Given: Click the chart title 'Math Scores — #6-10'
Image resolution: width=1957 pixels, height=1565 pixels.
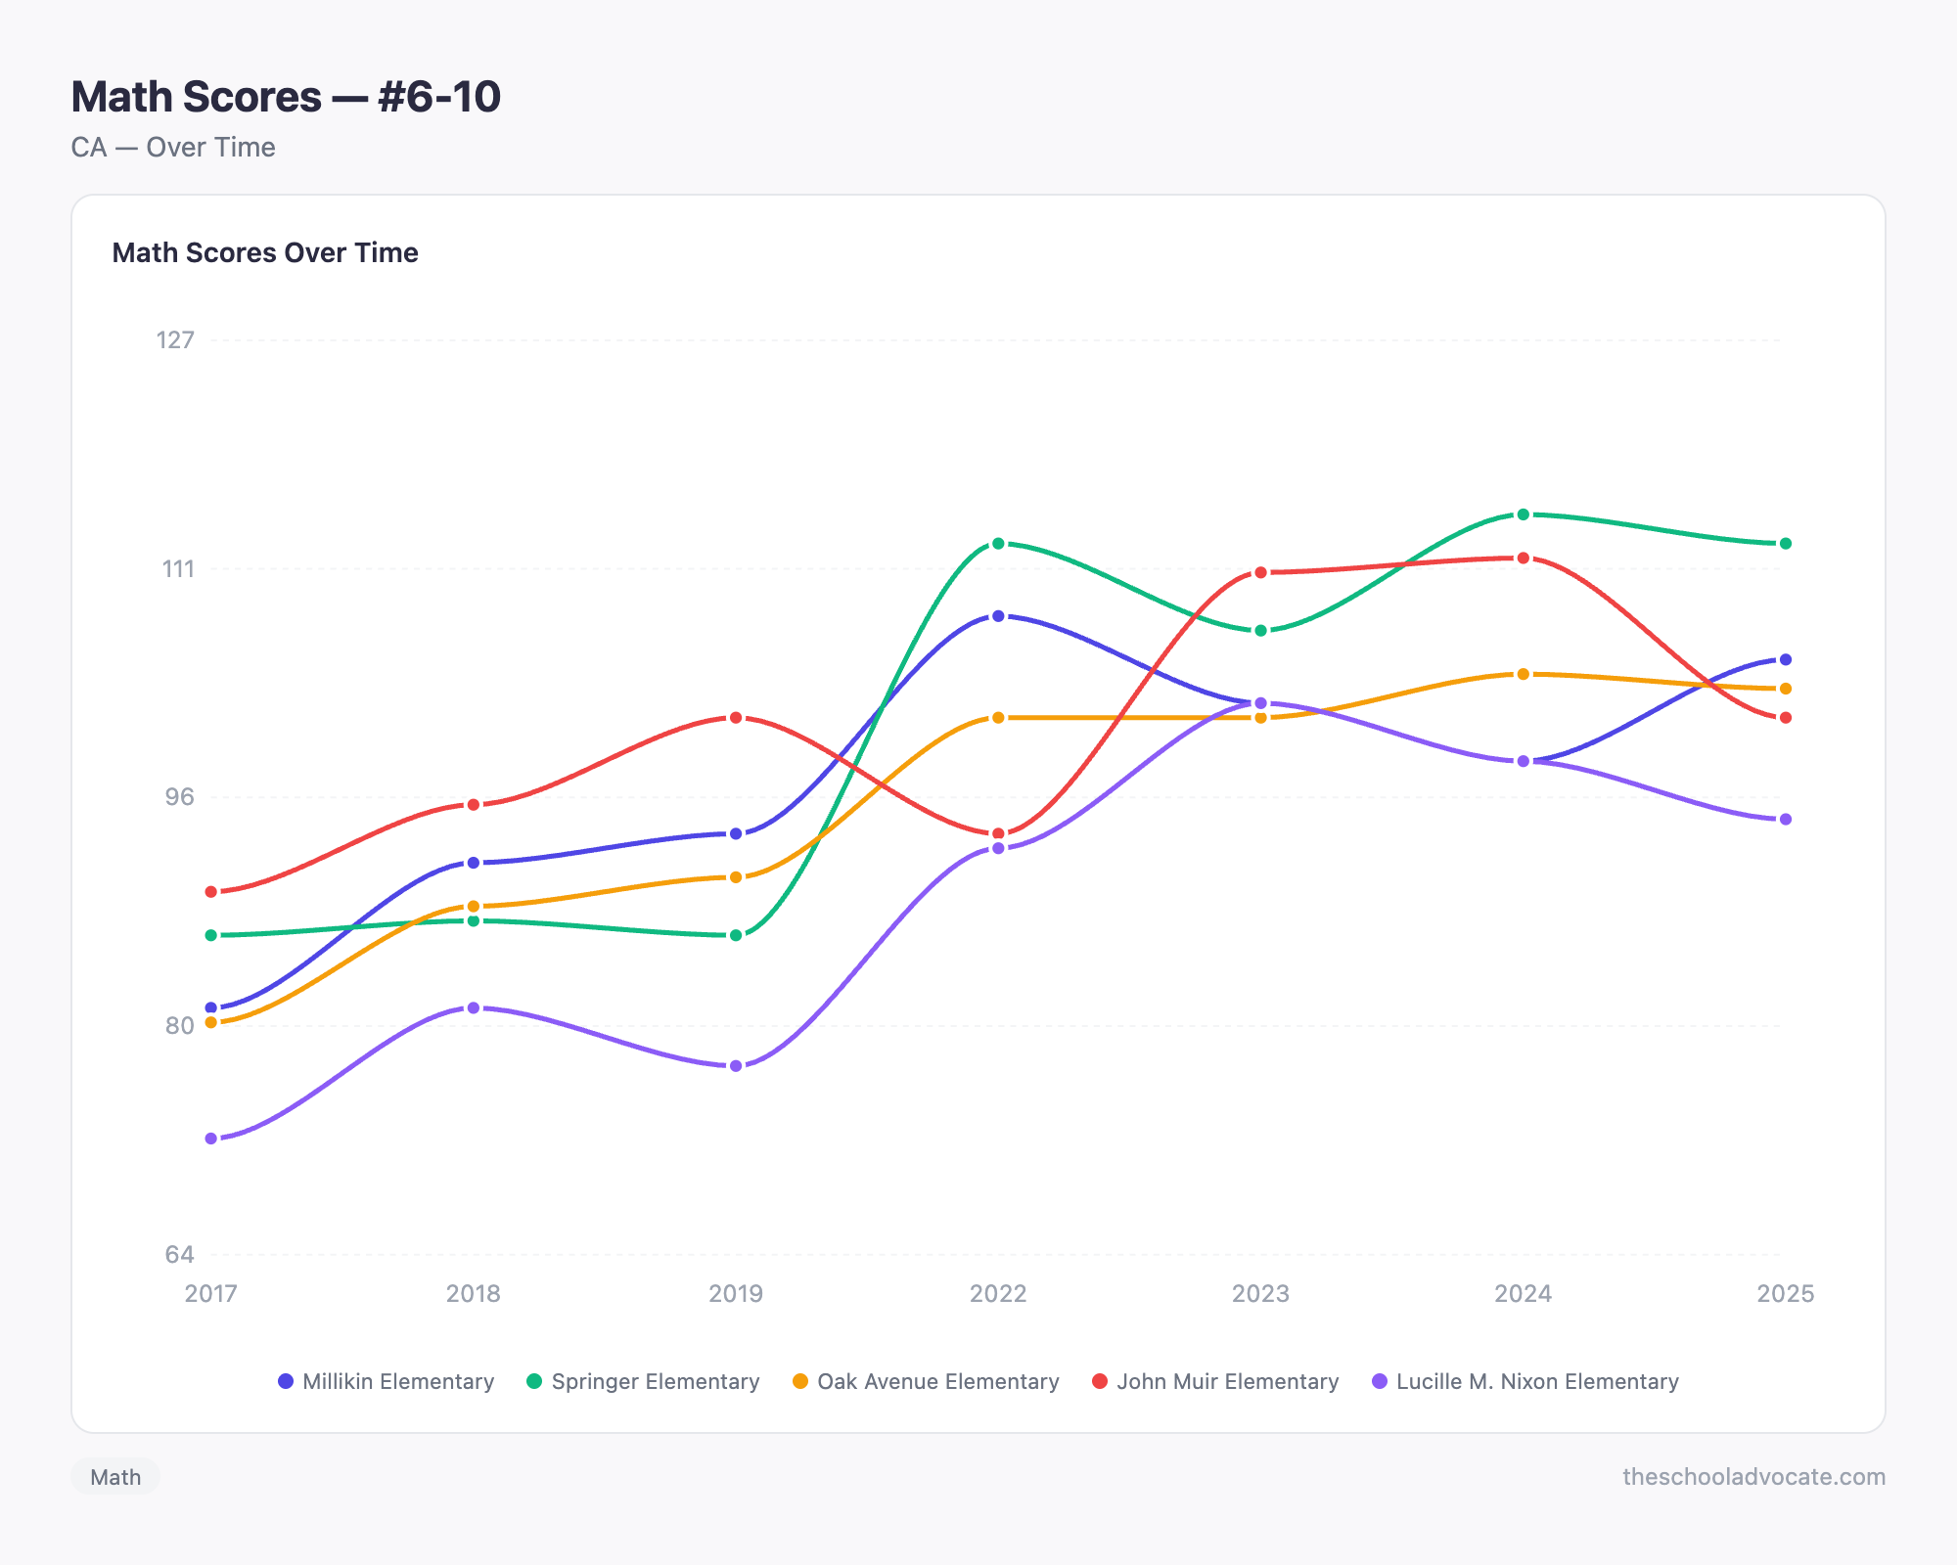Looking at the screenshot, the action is [x=286, y=97].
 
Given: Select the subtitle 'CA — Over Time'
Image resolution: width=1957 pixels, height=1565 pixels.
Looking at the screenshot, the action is [x=173, y=148].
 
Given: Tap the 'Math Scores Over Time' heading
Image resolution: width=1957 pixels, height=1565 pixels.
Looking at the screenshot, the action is [x=265, y=252].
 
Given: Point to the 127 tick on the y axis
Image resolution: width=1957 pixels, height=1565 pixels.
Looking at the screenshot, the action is [x=176, y=339].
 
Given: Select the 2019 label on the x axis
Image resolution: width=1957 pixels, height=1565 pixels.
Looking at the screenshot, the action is [x=736, y=1294].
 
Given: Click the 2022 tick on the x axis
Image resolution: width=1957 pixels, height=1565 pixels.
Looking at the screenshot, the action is [x=998, y=1294].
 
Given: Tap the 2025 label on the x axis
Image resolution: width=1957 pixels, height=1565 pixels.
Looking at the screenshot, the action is [x=1786, y=1294].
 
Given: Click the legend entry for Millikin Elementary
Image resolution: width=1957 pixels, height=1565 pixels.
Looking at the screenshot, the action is [x=387, y=1381].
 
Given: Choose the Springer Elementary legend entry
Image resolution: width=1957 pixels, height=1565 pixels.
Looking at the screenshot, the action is [x=644, y=1381].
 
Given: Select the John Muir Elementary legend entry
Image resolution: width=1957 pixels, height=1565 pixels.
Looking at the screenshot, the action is [x=1216, y=1381].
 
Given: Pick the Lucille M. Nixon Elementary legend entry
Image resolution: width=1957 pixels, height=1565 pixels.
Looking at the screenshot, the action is [x=1525, y=1381].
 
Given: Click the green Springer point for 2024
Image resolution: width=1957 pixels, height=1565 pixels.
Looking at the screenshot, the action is [x=1523, y=514].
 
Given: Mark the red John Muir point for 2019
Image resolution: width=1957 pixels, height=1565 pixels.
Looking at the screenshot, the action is [x=736, y=718].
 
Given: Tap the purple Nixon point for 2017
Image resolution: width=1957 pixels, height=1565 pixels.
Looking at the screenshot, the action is [x=211, y=1139].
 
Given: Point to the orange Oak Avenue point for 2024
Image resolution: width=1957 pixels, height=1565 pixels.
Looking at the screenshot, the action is [x=1523, y=674].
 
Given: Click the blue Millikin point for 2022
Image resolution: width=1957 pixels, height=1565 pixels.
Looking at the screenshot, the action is [x=998, y=616].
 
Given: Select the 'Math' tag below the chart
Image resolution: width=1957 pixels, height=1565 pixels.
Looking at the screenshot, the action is [x=115, y=1477].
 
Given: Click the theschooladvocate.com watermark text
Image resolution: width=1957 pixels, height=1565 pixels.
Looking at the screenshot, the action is [x=1753, y=1477].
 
